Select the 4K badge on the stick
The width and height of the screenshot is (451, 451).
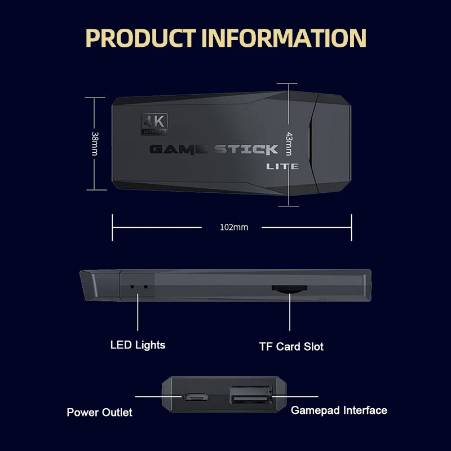(x=154, y=123)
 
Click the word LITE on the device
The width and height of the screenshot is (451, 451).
(x=282, y=166)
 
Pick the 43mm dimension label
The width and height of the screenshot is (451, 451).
(x=289, y=143)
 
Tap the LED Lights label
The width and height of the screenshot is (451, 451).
(x=138, y=344)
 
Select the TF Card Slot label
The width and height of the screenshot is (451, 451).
(x=291, y=346)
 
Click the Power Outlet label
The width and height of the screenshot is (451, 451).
(x=99, y=412)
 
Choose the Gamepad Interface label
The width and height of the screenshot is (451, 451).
(x=339, y=410)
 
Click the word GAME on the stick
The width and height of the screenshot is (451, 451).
(x=179, y=149)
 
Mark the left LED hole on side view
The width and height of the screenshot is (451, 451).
(x=132, y=286)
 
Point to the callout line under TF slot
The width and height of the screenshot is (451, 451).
(x=290, y=313)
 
